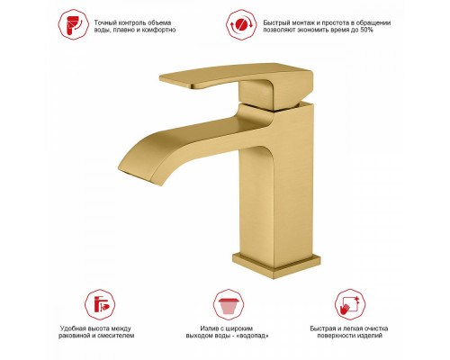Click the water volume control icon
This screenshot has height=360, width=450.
73,24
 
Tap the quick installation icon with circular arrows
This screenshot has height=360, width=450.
241,24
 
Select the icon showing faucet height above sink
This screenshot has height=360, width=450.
100,304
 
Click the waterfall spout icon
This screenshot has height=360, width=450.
229,304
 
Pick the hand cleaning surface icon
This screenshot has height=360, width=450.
350,304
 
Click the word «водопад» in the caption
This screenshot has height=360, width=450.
253,336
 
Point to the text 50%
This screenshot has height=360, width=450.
366,30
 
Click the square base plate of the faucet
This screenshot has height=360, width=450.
276,266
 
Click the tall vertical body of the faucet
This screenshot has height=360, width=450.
276,186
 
